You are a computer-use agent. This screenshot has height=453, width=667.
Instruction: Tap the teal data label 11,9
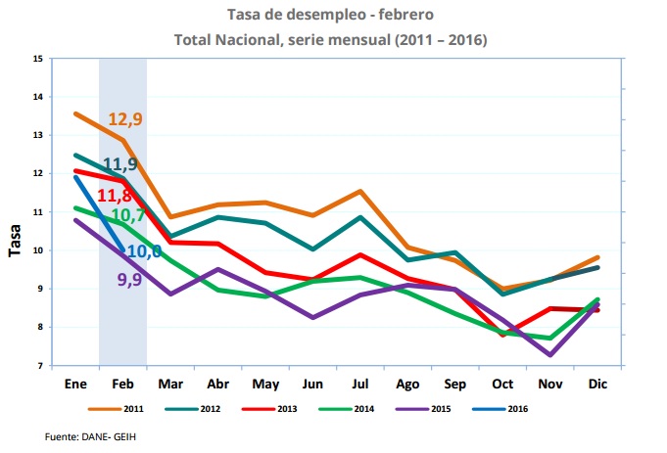(x=119, y=163)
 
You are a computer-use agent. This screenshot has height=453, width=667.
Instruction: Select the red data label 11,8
(x=115, y=196)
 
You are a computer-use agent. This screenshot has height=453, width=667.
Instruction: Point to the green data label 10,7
(x=128, y=215)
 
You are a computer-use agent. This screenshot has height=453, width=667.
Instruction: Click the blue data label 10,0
(x=142, y=251)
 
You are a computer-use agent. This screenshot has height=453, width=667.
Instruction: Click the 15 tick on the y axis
(x=38, y=59)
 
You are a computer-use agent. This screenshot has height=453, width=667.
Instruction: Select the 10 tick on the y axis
(x=38, y=250)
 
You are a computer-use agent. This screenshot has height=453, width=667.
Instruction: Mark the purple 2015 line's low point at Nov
(x=551, y=354)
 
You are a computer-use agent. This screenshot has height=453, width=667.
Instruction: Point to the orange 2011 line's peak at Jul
(x=360, y=191)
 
